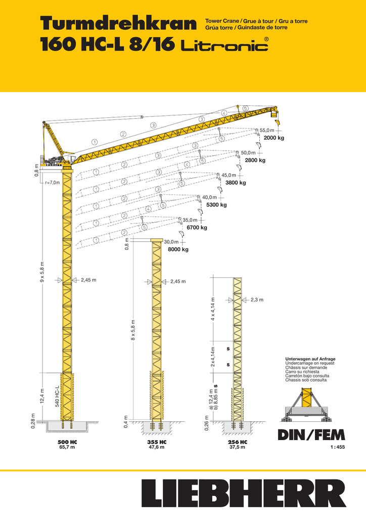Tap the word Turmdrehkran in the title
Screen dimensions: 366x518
118,24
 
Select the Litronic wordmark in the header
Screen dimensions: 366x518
225,45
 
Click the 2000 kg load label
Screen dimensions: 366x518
274,138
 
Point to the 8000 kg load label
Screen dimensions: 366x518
178,249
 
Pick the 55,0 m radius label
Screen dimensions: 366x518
267,131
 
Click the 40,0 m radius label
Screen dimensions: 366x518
210,197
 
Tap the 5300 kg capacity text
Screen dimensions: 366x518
216,205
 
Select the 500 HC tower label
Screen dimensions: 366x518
67,442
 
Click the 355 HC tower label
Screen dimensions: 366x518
157,442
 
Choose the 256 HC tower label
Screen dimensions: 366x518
238,442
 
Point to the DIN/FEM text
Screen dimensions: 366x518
311,435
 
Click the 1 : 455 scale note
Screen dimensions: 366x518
338,447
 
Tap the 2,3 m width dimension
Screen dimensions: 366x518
257,300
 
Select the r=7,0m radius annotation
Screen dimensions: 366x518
53,183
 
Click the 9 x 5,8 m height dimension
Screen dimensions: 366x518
42,272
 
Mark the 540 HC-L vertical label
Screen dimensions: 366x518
57,396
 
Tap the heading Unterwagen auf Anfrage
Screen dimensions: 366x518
310,359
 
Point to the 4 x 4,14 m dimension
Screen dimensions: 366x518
213,309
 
